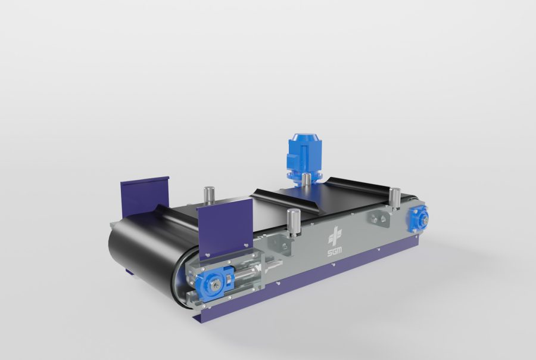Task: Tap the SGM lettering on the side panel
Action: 335,253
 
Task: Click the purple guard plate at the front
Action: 225,227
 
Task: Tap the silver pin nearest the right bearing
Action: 394,196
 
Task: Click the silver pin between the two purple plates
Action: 208,195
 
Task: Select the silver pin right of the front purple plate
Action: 292,221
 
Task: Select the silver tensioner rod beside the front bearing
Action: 244,277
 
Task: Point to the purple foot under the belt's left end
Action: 129,272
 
